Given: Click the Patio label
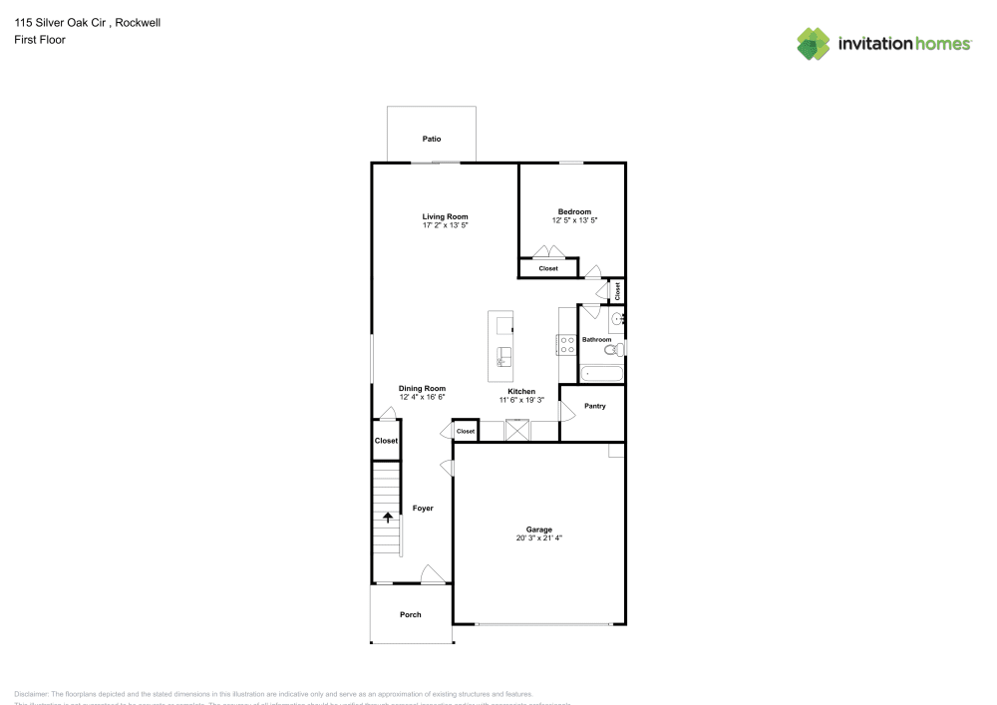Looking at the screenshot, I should [431, 139].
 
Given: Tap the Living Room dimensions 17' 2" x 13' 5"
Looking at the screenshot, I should [445, 226].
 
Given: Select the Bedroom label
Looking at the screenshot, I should [574, 211].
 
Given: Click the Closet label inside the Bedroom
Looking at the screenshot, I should [548, 268].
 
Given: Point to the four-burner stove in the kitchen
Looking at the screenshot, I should [566, 344].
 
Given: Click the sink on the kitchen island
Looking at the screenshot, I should [503, 357].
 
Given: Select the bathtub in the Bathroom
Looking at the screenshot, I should [601, 374].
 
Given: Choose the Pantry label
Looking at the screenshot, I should [594, 406].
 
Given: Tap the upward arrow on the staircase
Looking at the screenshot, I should [388, 517].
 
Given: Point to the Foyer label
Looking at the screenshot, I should [423, 509].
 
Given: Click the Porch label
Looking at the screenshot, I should [411, 615].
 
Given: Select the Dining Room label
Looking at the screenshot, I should [422, 388].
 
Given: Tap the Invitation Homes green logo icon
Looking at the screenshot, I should [814, 43].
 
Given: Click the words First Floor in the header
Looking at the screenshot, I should [40, 40].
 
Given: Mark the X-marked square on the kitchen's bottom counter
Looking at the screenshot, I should [517, 430].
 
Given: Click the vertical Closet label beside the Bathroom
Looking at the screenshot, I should [617, 290].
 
